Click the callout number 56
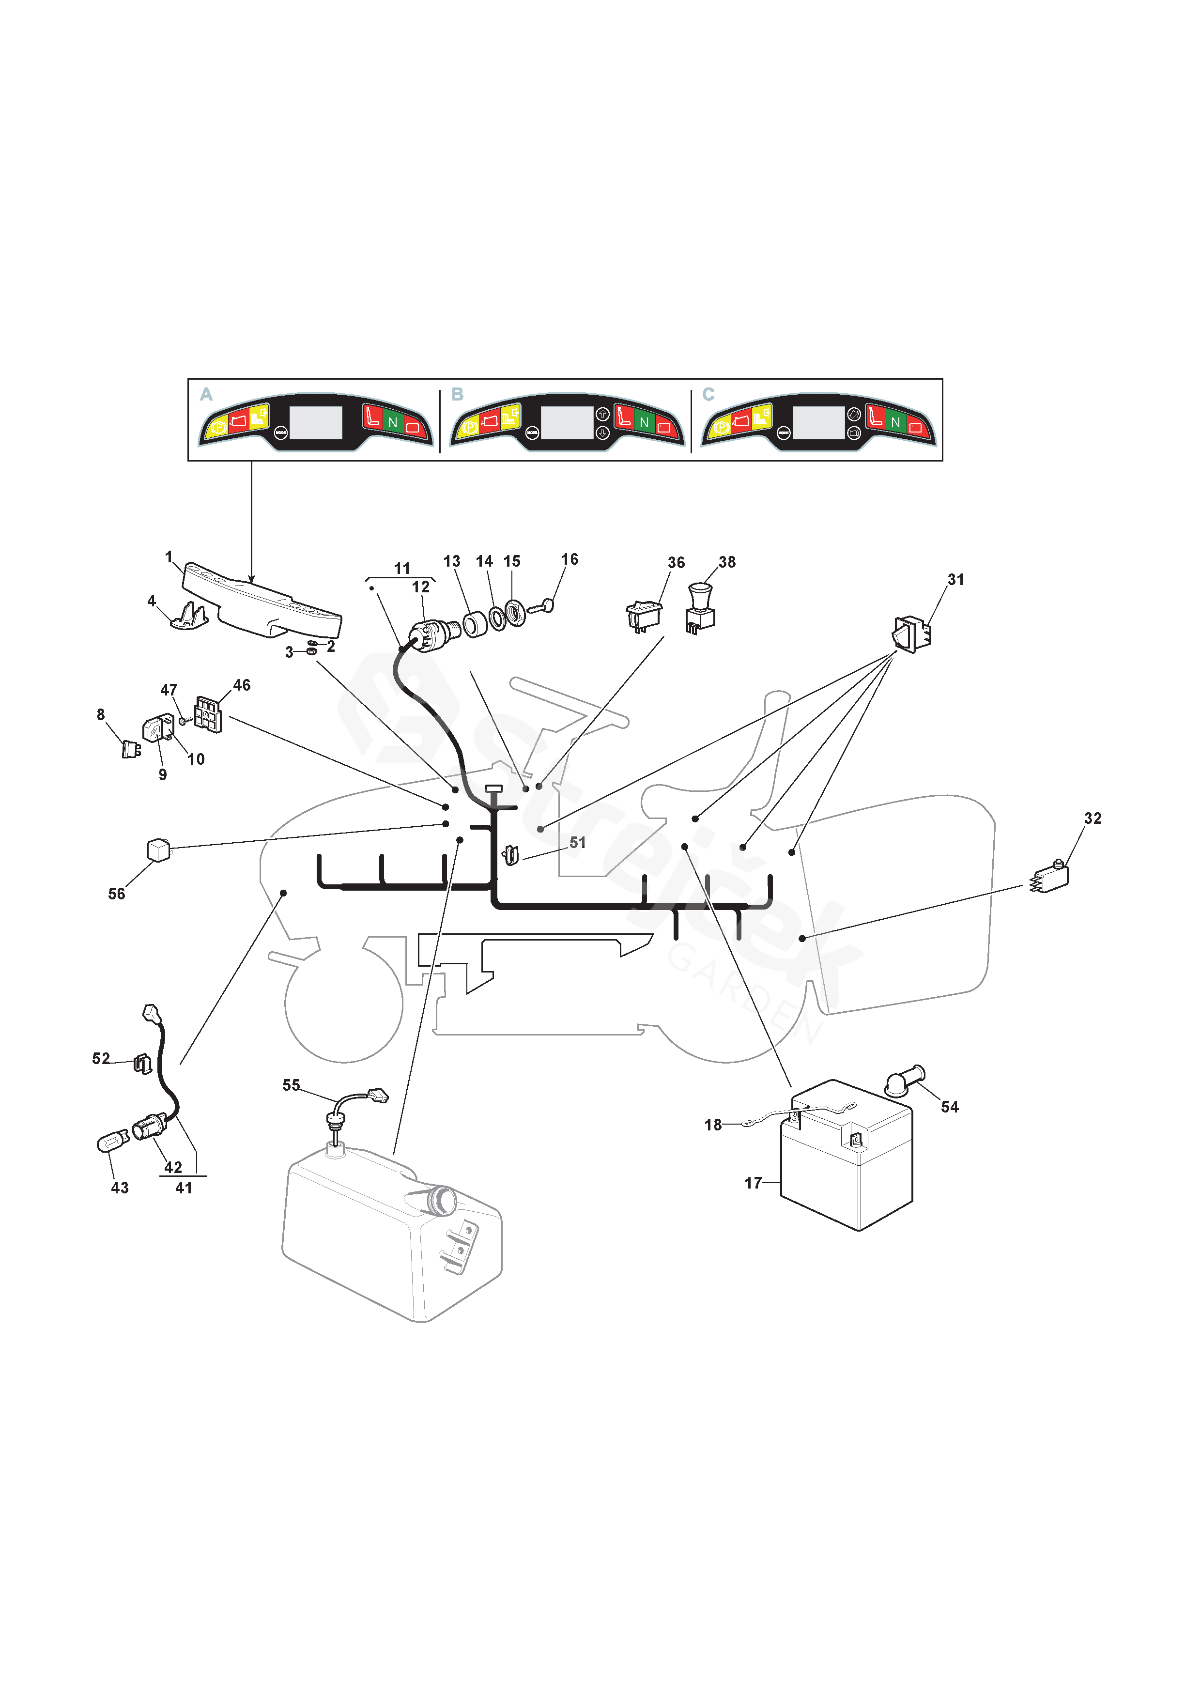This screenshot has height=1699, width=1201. click(x=116, y=894)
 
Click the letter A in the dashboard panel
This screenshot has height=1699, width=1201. click(x=206, y=394)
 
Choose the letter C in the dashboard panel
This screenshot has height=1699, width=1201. click(x=708, y=394)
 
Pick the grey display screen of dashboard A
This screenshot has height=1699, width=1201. click(x=316, y=422)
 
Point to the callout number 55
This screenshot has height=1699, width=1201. click(x=291, y=1085)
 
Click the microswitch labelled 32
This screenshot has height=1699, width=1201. click(x=1051, y=879)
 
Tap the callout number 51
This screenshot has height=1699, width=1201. click(x=577, y=843)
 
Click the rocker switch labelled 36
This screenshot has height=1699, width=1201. click(x=644, y=614)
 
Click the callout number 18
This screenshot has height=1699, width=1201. click(x=712, y=1125)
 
